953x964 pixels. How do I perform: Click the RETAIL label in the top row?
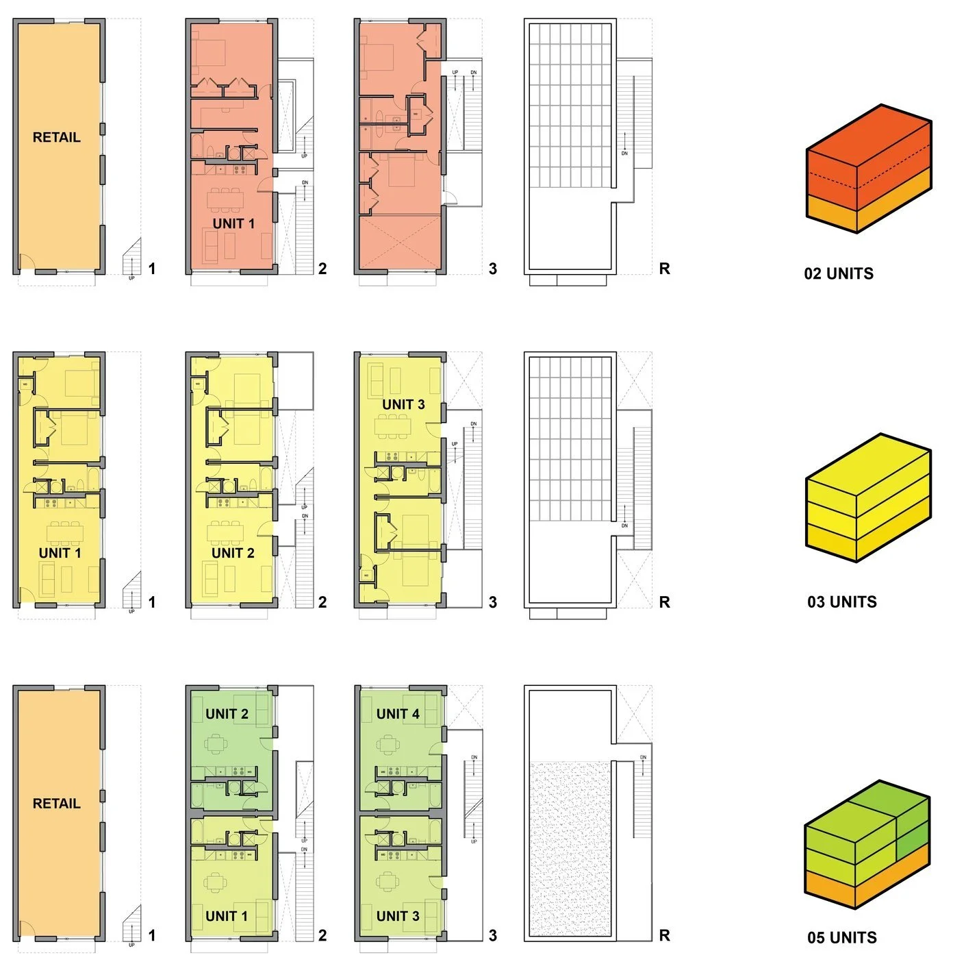[56, 138]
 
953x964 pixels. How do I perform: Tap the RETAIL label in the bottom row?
[56, 804]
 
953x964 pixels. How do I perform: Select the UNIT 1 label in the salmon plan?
[233, 224]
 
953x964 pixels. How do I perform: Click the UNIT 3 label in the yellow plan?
[403, 405]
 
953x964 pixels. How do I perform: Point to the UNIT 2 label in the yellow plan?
[233, 553]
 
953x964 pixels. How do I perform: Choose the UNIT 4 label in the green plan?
[398, 715]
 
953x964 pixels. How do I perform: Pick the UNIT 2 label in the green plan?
[227, 715]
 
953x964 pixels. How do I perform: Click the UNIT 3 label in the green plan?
[398, 916]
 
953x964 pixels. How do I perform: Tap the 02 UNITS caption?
[839, 274]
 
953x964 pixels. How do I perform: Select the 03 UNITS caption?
[841, 602]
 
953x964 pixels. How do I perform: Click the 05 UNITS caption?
[841, 938]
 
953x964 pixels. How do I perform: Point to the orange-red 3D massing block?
[868, 168]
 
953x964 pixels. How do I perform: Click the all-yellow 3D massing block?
[868, 497]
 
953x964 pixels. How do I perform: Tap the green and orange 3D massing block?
[867, 844]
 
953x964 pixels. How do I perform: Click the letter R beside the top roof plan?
[664, 269]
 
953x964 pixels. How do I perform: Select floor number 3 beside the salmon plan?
[493, 269]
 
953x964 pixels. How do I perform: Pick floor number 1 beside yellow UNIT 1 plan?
[152, 602]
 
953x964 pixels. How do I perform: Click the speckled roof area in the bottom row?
[570, 850]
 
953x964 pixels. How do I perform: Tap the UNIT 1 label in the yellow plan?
[60, 553]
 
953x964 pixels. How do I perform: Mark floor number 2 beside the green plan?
[322, 936]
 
